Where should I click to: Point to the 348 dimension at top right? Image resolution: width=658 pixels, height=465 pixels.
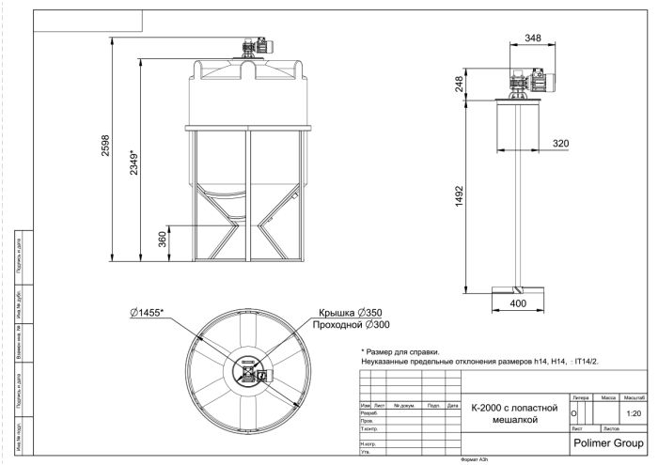pyautogui.click(x=532, y=39)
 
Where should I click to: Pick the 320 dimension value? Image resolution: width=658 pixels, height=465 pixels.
pyautogui.click(x=560, y=143)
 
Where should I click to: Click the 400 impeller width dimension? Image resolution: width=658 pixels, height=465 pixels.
pyautogui.click(x=519, y=304)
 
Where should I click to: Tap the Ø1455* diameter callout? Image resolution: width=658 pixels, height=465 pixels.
pyautogui.click(x=148, y=312)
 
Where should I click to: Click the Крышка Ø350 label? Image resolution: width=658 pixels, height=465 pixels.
pyautogui.click(x=350, y=313)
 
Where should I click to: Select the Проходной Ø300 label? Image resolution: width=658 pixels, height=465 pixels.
pyautogui.click(x=342, y=325)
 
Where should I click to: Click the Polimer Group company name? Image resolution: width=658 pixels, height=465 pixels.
pyautogui.click(x=607, y=439)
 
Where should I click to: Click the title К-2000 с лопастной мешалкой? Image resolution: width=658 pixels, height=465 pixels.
pyautogui.click(x=515, y=414)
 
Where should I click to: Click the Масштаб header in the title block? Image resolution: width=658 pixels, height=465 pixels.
pyautogui.click(x=632, y=399)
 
